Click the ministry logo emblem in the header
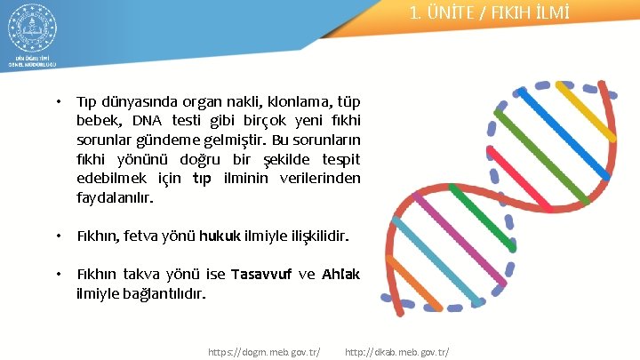[x=32, y=31]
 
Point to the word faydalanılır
[x=115, y=196]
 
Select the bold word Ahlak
[x=341, y=274]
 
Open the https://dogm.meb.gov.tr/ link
[x=264, y=351]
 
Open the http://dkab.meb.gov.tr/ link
[x=396, y=351]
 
